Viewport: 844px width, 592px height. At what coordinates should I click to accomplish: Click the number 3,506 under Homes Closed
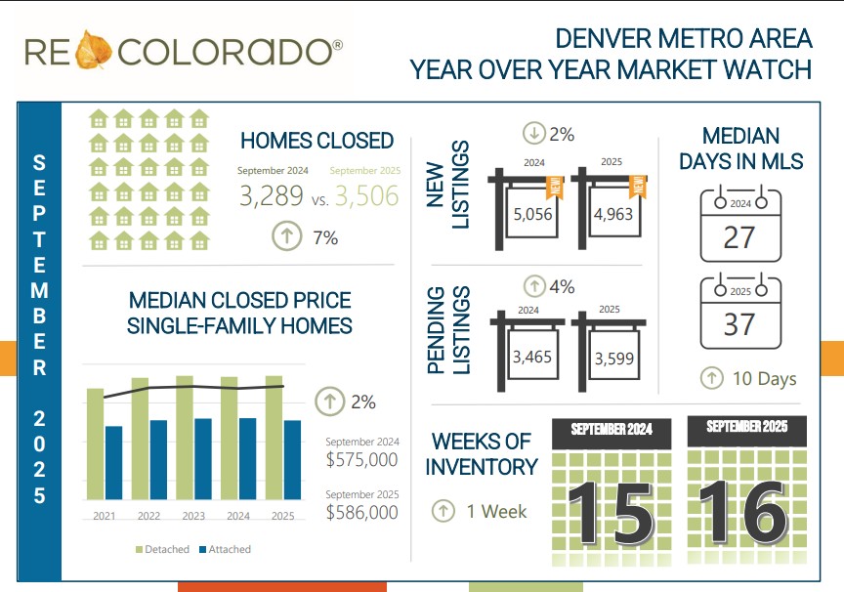pyautogui.click(x=366, y=195)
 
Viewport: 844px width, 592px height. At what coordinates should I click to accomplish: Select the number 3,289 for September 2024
pyautogui.click(x=273, y=195)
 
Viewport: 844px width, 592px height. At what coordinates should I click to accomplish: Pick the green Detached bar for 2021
pyautogui.click(x=95, y=444)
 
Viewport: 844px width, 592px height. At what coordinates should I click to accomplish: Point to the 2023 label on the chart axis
pyautogui.click(x=193, y=516)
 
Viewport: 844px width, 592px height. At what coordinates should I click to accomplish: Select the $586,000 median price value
pyautogui.click(x=361, y=512)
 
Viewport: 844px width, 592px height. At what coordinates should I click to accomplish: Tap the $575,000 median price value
pyautogui.click(x=361, y=459)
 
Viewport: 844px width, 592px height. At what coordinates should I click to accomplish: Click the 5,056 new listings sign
pyautogui.click(x=532, y=214)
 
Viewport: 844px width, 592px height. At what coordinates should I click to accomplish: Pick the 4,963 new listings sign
pyautogui.click(x=614, y=214)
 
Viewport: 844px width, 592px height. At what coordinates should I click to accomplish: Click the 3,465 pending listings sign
pyautogui.click(x=532, y=357)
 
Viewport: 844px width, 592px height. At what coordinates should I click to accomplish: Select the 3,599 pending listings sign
pyautogui.click(x=614, y=359)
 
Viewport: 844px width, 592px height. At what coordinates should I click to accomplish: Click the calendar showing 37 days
pyautogui.click(x=740, y=316)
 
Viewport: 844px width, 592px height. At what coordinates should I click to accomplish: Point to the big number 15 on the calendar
pyautogui.click(x=611, y=509)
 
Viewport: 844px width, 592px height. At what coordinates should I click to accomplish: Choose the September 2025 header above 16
pyautogui.click(x=746, y=428)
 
